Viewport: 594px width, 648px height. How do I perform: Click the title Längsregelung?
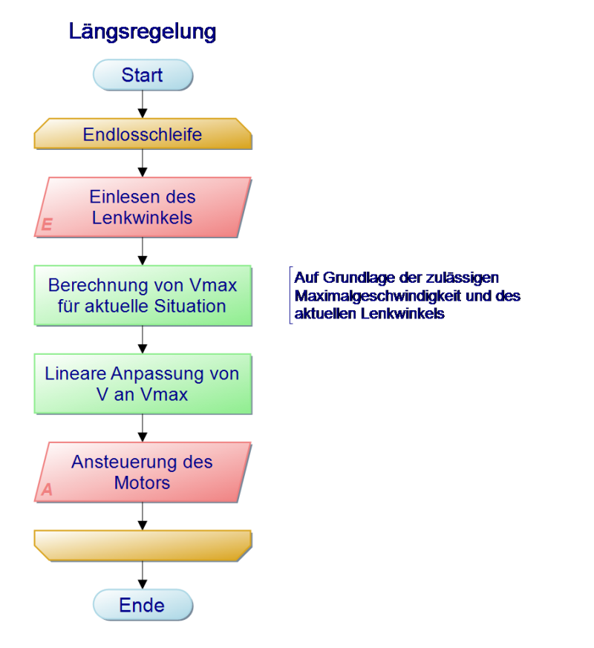(143, 32)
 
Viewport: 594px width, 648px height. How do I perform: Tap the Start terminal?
(143, 75)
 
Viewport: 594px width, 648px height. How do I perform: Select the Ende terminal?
(143, 605)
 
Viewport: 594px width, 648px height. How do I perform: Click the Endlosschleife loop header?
(143, 134)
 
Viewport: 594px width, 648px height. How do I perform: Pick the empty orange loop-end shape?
(143, 546)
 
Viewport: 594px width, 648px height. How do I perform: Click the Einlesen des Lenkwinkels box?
(143, 207)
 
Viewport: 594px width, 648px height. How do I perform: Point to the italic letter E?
(47, 224)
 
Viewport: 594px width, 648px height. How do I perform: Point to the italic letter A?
(47, 489)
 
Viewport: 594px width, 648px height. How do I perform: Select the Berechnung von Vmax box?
(143, 295)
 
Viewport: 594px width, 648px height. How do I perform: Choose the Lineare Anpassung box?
(143, 384)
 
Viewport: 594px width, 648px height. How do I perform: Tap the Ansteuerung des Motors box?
(143, 472)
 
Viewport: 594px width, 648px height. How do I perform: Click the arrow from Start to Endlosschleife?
(143, 104)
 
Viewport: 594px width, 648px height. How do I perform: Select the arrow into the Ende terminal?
(143, 575)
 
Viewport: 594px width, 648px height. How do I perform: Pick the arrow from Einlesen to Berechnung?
(143, 252)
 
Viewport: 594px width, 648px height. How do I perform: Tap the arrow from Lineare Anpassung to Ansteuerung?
(143, 428)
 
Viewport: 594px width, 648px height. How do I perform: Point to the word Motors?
(143, 482)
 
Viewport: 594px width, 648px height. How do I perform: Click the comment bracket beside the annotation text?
(291, 295)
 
